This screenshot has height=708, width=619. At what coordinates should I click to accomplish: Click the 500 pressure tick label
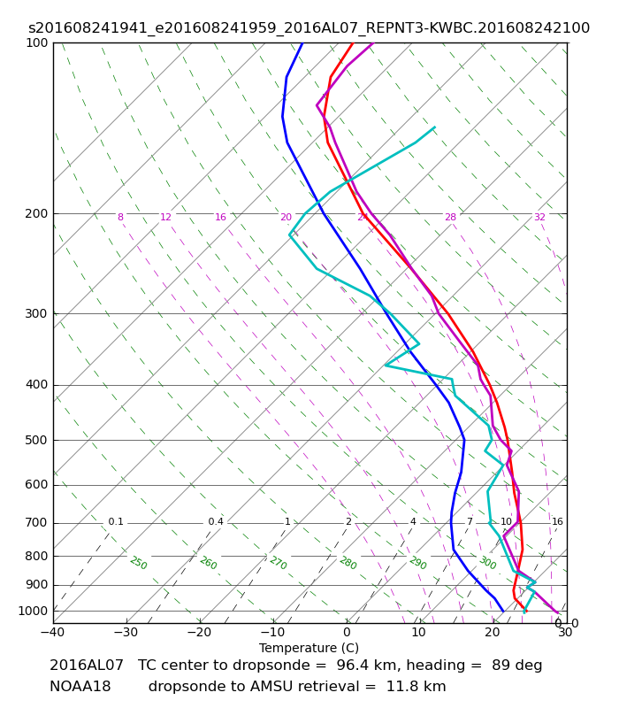click(36, 440)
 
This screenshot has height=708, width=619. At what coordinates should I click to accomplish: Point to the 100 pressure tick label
click(36, 42)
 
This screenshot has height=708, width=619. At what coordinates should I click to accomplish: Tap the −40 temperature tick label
click(53, 632)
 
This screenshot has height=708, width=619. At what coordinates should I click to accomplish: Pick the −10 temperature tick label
click(273, 632)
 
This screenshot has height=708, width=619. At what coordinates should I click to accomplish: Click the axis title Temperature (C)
click(309, 648)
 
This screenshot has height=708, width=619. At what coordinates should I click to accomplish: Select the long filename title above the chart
click(309, 28)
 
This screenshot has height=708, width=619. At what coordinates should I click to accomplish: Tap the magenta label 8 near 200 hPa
click(120, 217)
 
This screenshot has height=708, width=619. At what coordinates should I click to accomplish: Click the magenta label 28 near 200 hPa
click(450, 217)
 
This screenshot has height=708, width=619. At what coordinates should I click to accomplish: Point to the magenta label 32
click(539, 217)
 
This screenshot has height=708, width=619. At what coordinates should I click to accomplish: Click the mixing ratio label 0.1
click(116, 522)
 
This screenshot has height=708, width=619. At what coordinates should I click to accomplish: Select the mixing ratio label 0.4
click(216, 522)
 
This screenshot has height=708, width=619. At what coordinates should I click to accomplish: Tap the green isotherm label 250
click(139, 563)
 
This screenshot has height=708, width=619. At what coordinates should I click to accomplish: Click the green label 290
click(417, 563)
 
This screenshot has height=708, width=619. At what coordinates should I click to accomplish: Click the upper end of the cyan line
click(434, 127)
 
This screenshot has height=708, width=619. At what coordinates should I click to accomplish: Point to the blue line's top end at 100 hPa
click(302, 42)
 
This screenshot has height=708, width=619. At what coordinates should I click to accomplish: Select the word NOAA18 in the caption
click(80, 687)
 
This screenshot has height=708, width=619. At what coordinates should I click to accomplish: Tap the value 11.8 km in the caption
click(416, 687)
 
